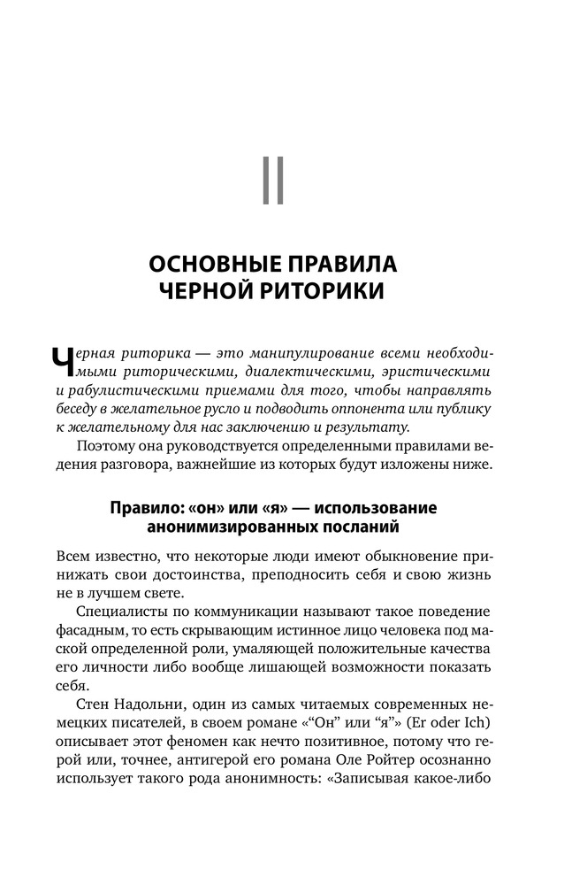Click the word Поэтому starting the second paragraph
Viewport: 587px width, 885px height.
108,445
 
